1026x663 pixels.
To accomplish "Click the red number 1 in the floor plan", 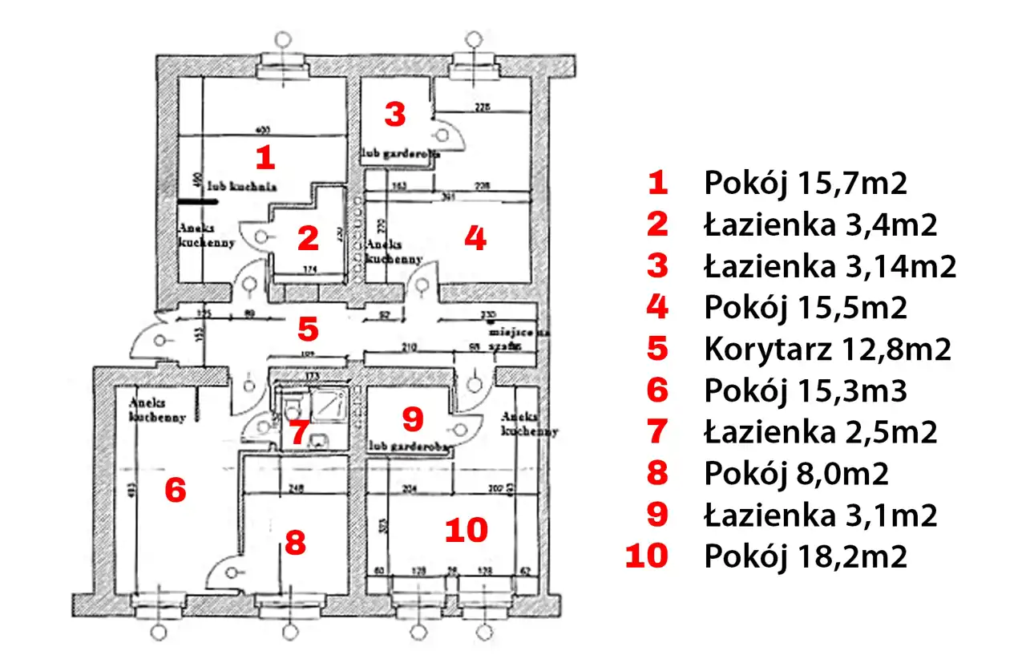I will (265, 157).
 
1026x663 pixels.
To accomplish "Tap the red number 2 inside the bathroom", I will (308, 238).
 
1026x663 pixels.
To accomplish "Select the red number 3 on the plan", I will (394, 115).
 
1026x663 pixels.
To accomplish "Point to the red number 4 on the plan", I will (475, 238).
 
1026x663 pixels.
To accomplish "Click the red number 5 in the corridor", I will (308, 328).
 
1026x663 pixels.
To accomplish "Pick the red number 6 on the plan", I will (175, 489).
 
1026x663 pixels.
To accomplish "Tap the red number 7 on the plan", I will (298, 433).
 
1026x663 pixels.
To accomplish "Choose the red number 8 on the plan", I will (295, 543).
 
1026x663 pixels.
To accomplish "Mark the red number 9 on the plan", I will (411, 418).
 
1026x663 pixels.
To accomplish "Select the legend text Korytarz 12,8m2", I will (827, 350).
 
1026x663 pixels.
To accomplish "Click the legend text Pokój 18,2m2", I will (806, 556).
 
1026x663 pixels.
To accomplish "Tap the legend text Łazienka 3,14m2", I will (830, 266).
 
